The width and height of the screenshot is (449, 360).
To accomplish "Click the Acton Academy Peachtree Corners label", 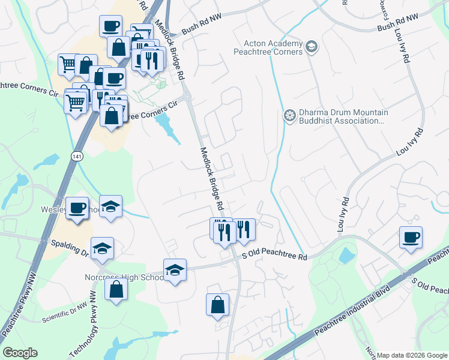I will click(x=273, y=47).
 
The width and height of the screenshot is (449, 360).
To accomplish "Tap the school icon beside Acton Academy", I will click(x=311, y=46).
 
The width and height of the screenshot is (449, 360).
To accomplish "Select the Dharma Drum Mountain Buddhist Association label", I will click(x=344, y=116).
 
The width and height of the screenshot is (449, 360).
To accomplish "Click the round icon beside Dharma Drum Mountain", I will click(x=289, y=116).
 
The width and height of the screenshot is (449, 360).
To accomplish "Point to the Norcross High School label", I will click(x=122, y=277).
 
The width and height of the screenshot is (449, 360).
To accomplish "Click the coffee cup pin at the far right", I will click(x=411, y=237).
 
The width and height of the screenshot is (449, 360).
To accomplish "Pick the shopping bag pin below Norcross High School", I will click(x=116, y=289).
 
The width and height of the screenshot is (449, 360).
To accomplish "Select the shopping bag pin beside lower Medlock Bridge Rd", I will click(x=217, y=305).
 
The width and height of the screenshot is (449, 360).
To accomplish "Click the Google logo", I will click(x=20, y=353).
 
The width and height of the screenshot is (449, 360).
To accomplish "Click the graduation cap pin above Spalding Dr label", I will click(x=103, y=248).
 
